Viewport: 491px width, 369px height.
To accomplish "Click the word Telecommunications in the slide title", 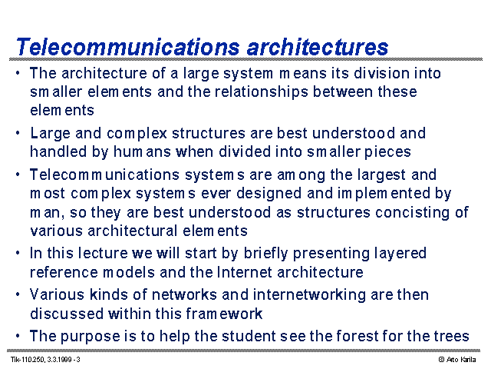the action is pyautogui.click(x=128, y=47).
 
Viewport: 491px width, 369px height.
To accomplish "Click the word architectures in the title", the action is pyautogui.click(x=318, y=47).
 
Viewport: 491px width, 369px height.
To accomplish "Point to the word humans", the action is pyautogui.click(x=142, y=152).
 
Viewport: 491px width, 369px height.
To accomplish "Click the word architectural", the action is pyautogui.click(x=133, y=231).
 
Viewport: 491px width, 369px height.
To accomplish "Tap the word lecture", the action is pyautogui.click(x=103, y=253).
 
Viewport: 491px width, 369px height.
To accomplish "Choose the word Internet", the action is pyautogui.click(x=244, y=272).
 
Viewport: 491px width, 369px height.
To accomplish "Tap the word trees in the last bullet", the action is pyautogui.click(x=452, y=336).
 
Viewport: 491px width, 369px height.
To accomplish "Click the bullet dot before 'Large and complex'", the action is pyautogui.click(x=18, y=133).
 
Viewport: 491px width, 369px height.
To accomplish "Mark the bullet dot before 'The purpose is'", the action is pyautogui.click(x=18, y=336).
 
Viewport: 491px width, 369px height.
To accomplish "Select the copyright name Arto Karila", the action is pyautogui.click(x=461, y=360).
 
